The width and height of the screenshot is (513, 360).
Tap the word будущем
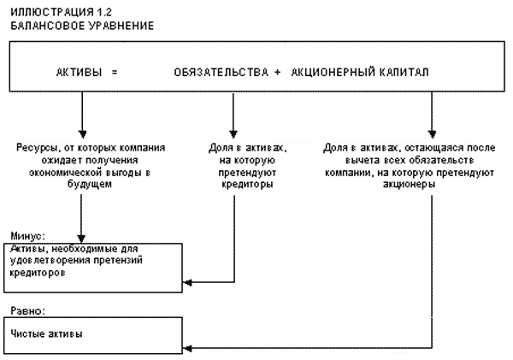pyautogui.click(x=82, y=184)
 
